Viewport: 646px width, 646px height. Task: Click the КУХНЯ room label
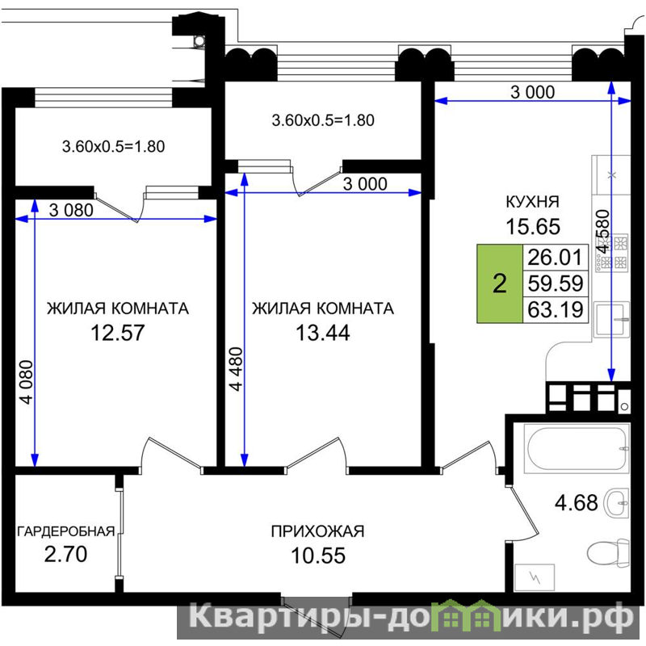tap(532, 202)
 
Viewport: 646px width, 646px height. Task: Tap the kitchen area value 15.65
tap(533, 227)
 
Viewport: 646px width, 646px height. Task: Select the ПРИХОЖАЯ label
tap(317, 531)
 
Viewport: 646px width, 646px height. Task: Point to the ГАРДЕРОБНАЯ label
tap(66, 531)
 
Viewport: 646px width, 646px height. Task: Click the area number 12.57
tap(117, 333)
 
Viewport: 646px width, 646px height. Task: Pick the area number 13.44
tap(322, 333)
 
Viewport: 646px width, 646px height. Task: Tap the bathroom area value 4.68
tap(576, 502)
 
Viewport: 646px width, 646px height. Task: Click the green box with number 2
tap(500, 283)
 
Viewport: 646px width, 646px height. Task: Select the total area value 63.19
tap(556, 309)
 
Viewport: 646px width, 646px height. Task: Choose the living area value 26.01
tap(556, 257)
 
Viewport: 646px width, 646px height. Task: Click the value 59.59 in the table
tap(556, 283)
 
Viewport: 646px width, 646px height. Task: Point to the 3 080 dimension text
tap(71, 211)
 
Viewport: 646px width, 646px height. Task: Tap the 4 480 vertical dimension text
tap(237, 369)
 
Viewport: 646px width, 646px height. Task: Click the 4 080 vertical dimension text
tap(27, 382)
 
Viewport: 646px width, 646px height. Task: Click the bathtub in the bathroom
tap(577, 448)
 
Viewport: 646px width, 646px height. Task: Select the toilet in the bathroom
tap(608, 552)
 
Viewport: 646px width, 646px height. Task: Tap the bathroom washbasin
tap(616, 502)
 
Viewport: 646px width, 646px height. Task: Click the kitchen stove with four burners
tap(611, 253)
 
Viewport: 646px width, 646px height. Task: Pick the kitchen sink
tap(611, 319)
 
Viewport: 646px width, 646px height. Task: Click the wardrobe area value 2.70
tap(65, 554)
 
